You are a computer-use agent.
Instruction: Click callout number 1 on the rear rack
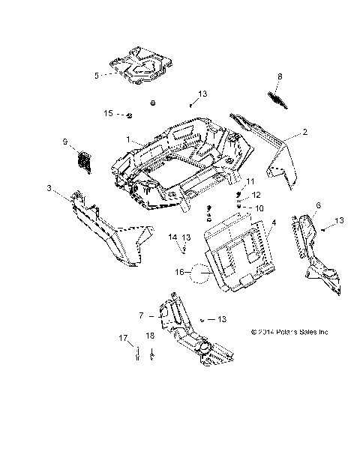click(x=128, y=140)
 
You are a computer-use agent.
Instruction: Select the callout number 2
click(x=284, y=133)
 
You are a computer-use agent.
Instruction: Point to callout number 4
click(x=274, y=223)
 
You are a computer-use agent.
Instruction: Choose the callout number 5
click(x=96, y=75)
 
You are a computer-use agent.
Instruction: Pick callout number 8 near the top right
click(x=280, y=76)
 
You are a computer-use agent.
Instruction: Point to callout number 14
click(x=172, y=237)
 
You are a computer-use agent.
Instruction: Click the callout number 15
click(x=108, y=113)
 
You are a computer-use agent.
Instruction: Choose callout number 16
click(x=178, y=273)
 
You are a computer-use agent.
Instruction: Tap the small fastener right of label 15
click(x=129, y=115)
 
